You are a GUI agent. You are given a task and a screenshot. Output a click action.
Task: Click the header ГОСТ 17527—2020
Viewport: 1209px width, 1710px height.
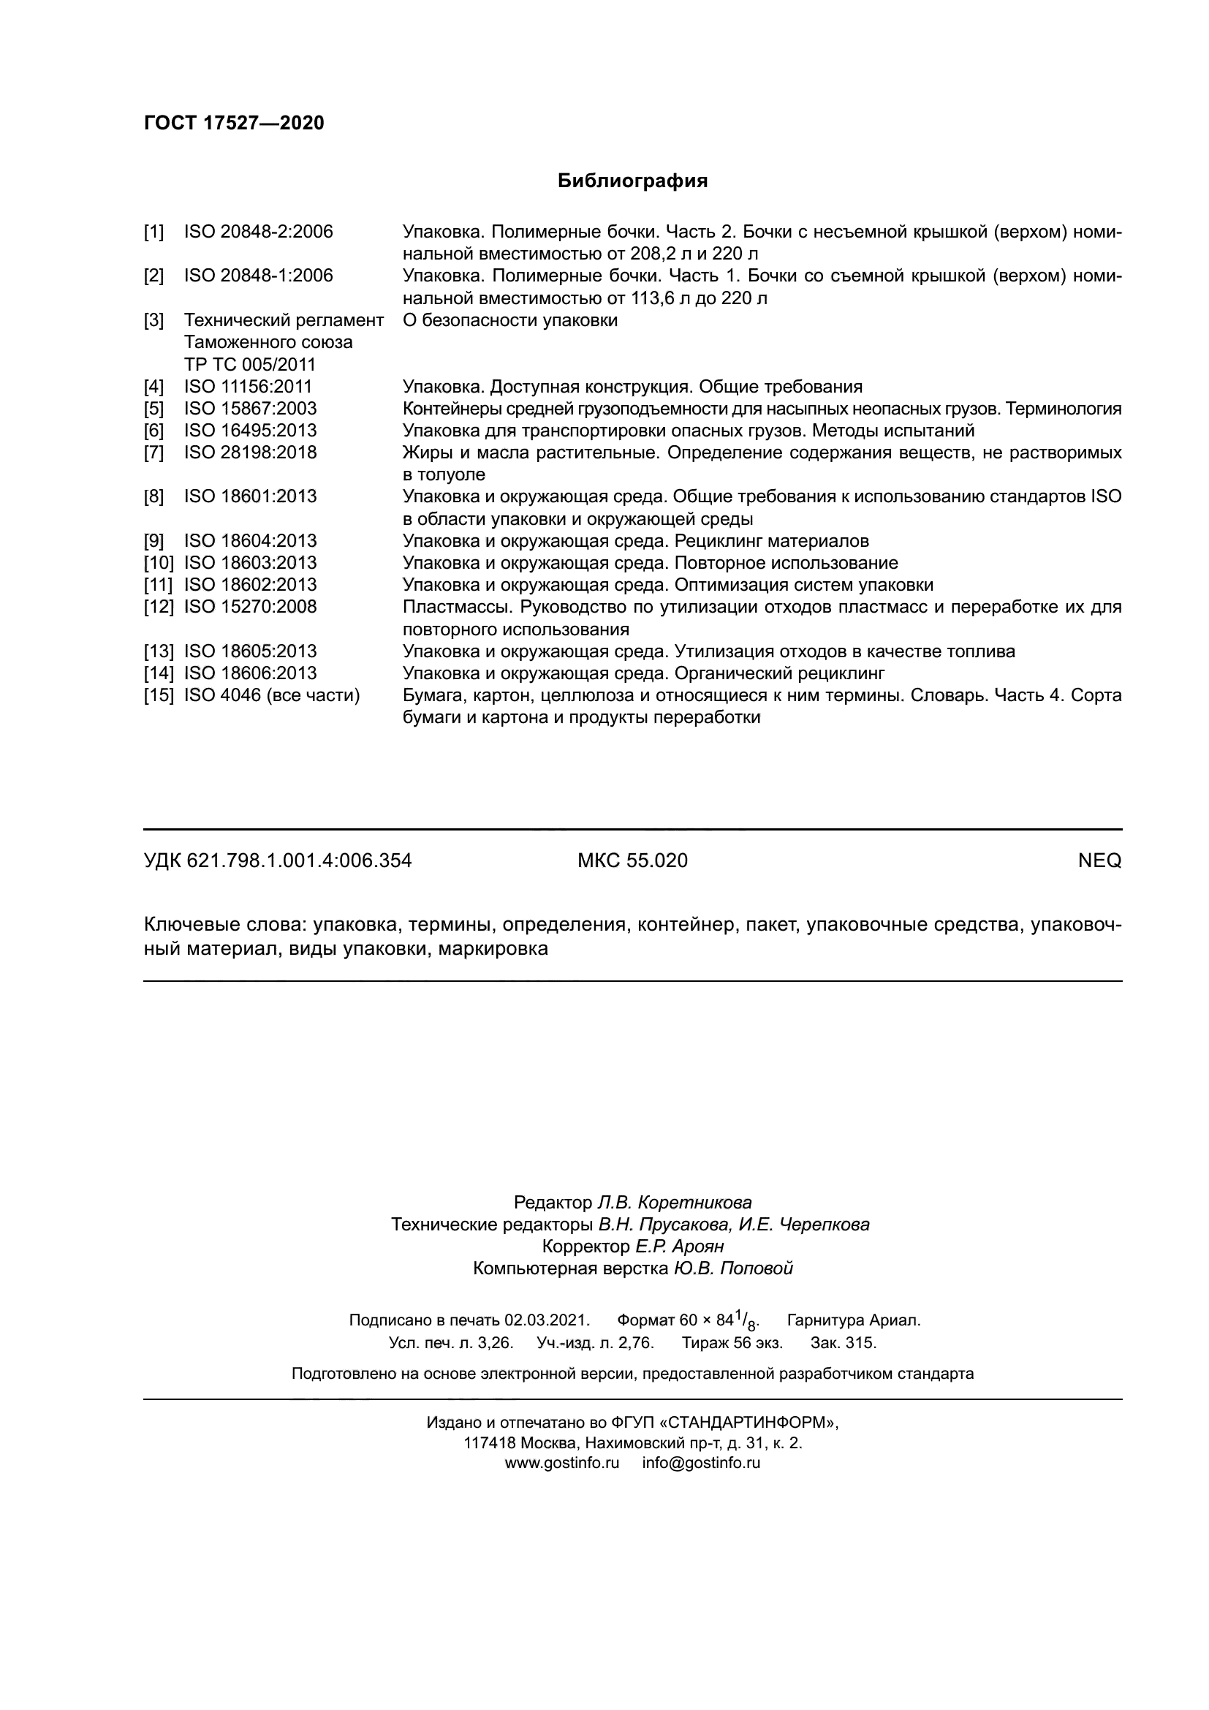(234, 123)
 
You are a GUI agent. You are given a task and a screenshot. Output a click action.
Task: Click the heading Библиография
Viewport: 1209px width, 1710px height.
(632, 181)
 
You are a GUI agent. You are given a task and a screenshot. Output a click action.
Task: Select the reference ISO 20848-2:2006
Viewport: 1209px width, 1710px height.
(258, 232)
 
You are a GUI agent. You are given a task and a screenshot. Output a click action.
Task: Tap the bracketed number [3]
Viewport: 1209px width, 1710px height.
(154, 321)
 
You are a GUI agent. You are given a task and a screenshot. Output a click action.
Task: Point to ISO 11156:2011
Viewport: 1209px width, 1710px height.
(248, 387)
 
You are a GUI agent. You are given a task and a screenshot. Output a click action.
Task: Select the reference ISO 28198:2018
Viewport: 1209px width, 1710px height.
(250, 453)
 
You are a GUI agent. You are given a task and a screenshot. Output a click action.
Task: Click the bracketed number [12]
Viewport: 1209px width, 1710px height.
(158, 607)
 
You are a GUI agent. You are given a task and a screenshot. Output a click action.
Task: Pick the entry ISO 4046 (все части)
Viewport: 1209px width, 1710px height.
(272, 695)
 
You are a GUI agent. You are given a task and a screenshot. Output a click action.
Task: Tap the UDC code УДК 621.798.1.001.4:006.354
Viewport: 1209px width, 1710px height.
(277, 861)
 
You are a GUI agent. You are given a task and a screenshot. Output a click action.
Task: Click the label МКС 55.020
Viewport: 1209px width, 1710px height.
(632, 861)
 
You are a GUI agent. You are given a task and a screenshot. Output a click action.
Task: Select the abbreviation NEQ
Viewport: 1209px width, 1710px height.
(1099, 861)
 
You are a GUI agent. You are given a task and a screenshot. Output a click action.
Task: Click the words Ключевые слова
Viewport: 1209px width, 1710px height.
(225, 925)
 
